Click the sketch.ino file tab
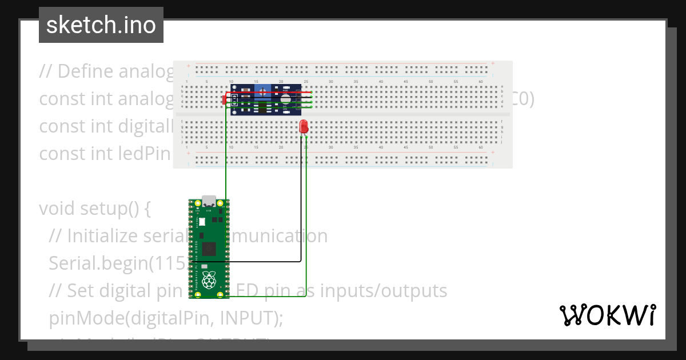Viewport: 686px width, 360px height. coord(101,25)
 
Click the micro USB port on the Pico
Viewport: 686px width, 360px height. coord(209,202)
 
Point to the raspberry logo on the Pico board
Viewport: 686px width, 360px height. coord(210,281)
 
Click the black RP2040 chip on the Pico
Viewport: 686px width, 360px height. coord(209,249)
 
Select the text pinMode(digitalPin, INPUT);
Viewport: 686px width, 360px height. coord(166,317)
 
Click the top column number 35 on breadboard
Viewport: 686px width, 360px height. coord(356,82)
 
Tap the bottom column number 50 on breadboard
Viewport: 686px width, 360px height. coord(431,147)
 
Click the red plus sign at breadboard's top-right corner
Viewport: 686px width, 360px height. coord(493,63)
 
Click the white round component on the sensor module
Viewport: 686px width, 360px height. coord(285,99)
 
